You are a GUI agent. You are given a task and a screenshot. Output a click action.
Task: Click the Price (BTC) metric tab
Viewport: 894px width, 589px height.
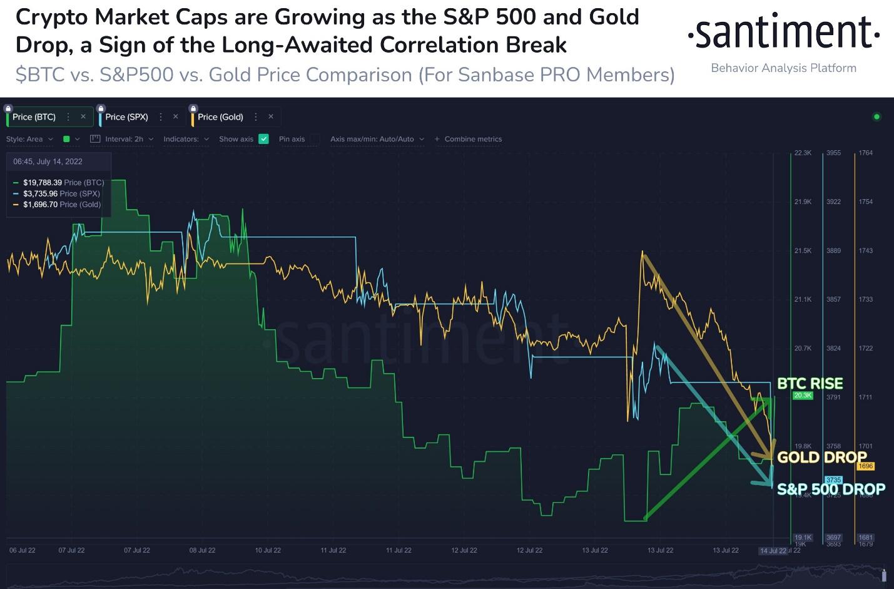point(34,117)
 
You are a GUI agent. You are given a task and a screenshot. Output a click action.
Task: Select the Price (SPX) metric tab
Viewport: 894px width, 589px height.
point(126,117)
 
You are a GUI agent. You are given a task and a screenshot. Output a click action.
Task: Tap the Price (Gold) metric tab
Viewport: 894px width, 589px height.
point(220,117)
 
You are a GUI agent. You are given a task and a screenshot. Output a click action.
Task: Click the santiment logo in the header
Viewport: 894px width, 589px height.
point(783,33)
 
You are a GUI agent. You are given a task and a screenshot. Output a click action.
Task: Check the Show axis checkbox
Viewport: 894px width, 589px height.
point(263,139)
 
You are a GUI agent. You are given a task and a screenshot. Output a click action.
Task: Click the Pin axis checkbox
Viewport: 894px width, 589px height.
point(315,139)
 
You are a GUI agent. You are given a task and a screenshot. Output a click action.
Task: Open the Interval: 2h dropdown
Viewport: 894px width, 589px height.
point(124,139)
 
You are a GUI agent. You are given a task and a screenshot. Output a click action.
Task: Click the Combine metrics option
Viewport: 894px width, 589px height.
point(473,139)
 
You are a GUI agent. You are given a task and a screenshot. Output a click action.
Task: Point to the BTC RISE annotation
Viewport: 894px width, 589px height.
point(810,383)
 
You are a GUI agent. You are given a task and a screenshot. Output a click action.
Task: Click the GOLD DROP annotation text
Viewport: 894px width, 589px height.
point(821,457)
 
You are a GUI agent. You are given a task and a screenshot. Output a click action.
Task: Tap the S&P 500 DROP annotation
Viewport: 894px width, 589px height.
point(831,489)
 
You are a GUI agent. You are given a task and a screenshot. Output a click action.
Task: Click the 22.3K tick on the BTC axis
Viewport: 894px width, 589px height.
point(803,153)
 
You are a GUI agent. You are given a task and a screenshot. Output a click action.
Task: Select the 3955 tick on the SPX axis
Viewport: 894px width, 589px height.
point(833,153)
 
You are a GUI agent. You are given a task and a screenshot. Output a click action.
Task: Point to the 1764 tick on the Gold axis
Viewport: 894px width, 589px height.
point(865,153)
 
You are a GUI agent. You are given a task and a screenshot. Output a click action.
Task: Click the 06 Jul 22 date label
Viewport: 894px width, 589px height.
point(23,550)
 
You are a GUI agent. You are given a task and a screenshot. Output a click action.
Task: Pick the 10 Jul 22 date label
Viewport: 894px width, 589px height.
point(268,550)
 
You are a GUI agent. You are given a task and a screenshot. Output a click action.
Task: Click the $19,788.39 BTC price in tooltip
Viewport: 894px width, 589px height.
point(43,183)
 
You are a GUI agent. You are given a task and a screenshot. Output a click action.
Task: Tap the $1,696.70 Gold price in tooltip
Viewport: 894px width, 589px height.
point(41,205)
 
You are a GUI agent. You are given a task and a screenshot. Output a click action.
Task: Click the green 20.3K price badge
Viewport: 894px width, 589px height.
point(802,396)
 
